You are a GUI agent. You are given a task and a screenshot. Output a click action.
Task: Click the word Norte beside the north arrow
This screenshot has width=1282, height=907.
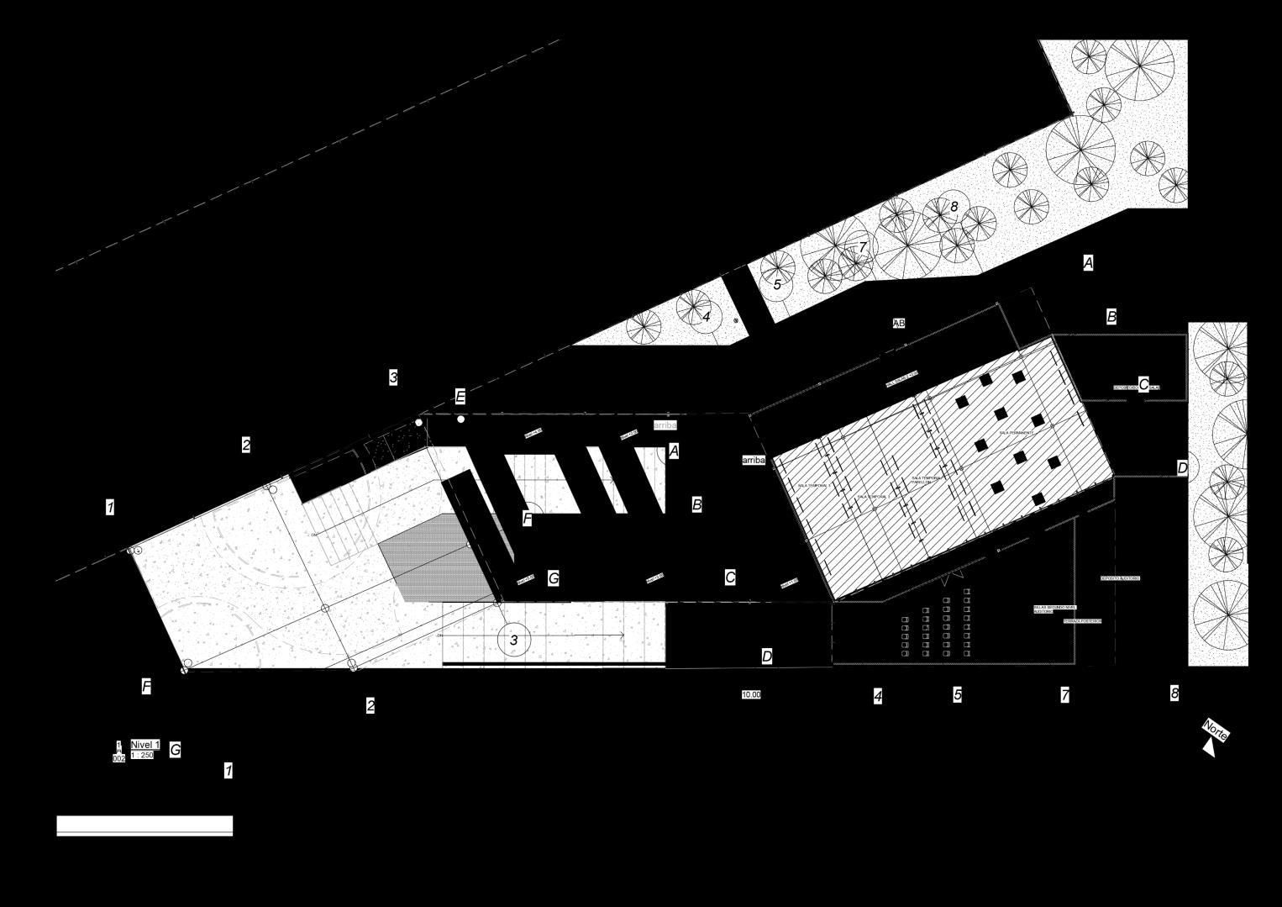pyautogui.click(x=1216, y=730)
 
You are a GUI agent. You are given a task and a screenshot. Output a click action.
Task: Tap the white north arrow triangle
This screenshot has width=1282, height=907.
pyautogui.click(x=1209, y=747)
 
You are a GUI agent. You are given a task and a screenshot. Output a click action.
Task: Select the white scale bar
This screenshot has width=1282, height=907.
pyautogui.click(x=144, y=825)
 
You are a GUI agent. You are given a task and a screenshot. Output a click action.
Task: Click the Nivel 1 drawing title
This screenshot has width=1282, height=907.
pyautogui.click(x=144, y=745)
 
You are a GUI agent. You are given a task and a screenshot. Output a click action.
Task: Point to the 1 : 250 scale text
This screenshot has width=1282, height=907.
pyautogui.click(x=142, y=755)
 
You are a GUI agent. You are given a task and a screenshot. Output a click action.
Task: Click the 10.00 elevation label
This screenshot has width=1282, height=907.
pyautogui.click(x=750, y=695)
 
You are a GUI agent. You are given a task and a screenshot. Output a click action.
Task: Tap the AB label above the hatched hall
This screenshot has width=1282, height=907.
pyautogui.click(x=898, y=323)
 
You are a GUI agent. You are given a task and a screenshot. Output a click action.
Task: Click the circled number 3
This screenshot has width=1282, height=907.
pyautogui.click(x=514, y=641)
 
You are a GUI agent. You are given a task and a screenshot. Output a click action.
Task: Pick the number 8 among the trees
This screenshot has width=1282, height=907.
pyautogui.click(x=954, y=206)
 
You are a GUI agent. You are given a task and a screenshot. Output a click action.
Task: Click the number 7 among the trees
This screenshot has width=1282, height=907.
pyautogui.click(x=862, y=247)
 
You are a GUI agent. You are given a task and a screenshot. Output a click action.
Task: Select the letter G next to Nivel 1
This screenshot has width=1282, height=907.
pyautogui.click(x=175, y=750)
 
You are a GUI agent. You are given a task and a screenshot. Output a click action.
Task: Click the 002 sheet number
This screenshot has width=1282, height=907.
pyautogui.click(x=118, y=758)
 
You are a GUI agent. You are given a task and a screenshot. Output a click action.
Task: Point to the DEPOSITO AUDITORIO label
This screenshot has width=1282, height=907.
pyautogui.click(x=1119, y=578)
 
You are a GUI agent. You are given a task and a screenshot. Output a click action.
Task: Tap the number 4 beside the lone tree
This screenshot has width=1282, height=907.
pyautogui.click(x=706, y=317)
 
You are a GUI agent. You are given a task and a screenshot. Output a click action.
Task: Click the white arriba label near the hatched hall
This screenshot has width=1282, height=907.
pyautogui.click(x=754, y=461)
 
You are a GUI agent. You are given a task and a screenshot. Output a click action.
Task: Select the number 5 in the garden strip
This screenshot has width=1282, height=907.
pyautogui.click(x=777, y=285)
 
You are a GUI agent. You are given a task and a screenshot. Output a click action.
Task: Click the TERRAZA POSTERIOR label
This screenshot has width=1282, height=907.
pyautogui.click(x=1081, y=621)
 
